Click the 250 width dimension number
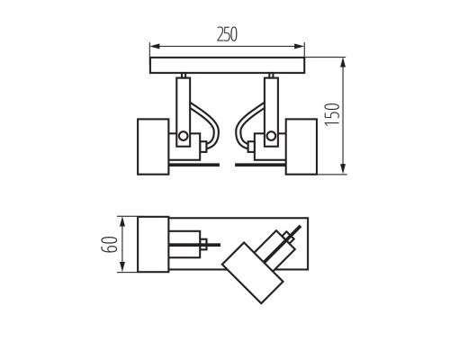tap(227, 33)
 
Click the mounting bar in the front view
tap(227, 66)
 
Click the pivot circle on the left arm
tap(183, 137)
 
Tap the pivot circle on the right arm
tap(270, 137)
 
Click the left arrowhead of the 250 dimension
tap(154, 46)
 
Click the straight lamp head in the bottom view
tap(153, 244)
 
